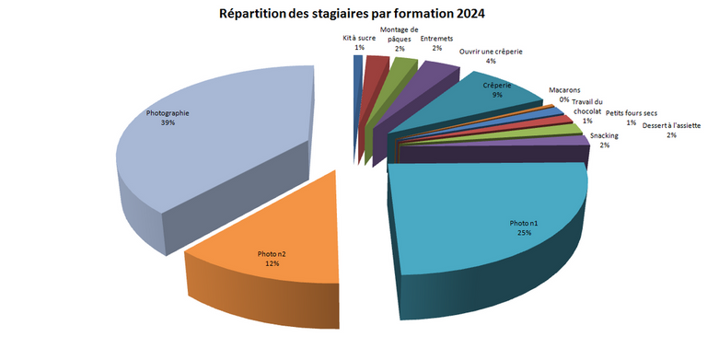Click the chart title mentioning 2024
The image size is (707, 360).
coord(353,14)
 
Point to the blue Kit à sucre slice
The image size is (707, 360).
coord(357,63)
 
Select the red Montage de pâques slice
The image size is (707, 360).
coord(374,65)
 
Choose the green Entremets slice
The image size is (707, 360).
coord(399,68)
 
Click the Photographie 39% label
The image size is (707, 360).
coord(168,118)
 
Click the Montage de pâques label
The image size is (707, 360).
coord(399,38)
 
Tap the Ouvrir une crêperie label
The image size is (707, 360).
coord(491,56)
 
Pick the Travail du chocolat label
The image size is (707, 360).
coord(587,110)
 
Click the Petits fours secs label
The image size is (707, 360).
coord(632,117)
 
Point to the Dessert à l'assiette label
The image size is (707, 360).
coord(672,130)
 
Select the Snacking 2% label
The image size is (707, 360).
coord(604,141)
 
